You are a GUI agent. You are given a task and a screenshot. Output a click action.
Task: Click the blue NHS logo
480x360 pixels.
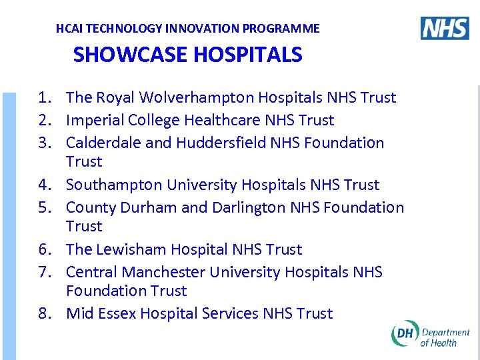coord(445,28)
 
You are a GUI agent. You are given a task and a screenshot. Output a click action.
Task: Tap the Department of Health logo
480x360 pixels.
coord(430,335)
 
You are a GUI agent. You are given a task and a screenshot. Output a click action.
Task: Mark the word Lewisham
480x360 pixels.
coord(131,250)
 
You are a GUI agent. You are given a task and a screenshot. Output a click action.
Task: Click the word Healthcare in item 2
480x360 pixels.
coord(222,121)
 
